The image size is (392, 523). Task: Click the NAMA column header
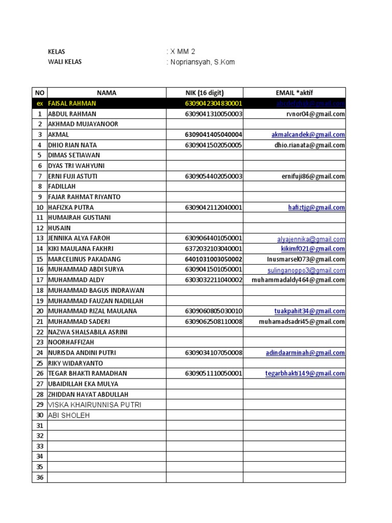click(106, 93)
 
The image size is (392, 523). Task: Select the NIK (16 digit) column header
click(204, 93)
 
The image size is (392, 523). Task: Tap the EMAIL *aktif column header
click(294, 93)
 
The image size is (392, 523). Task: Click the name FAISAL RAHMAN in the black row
click(71, 103)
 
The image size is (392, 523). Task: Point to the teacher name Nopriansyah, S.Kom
click(203, 62)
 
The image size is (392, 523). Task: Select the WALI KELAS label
click(64, 62)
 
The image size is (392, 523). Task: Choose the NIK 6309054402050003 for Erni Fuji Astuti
click(213, 176)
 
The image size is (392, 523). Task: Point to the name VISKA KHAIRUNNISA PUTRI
click(94, 405)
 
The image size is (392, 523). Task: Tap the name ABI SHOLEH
click(68, 416)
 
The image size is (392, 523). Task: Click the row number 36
click(39, 478)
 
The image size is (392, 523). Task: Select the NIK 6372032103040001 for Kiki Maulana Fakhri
click(213, 249)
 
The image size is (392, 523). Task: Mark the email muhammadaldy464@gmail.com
click(298, 280)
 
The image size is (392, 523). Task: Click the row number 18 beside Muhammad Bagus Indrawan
click(39, 290)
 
